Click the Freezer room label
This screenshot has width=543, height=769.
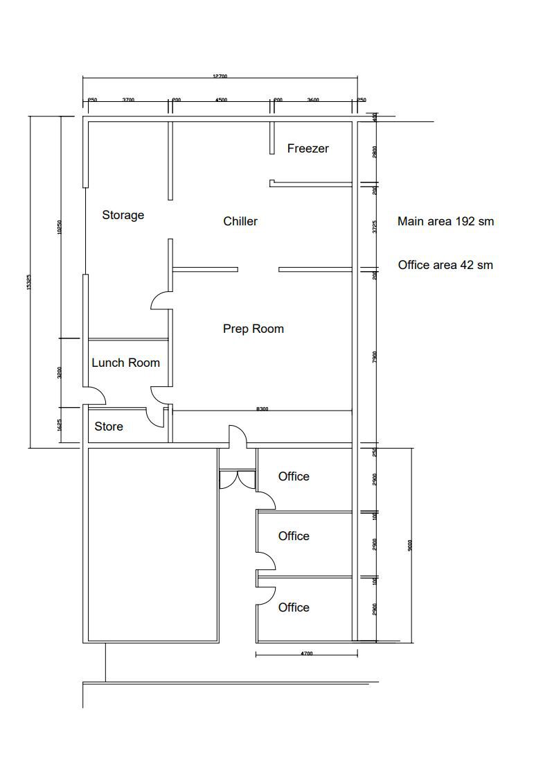click(308, 148)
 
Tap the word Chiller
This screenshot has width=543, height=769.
click(240, 221)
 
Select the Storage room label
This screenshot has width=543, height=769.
click(123, 215)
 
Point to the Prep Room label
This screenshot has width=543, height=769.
click(253, 329)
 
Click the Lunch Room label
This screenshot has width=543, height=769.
click(125, 363)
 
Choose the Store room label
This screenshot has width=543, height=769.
click(109, 426)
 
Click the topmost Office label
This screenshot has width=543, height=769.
click(294, 476)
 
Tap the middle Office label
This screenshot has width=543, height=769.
click(294, 536)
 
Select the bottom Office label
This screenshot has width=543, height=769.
click(294, 607)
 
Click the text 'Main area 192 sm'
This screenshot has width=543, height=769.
click(445, 222)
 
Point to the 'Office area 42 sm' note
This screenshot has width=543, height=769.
click(445, 265)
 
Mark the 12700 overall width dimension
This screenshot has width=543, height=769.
click(220, 76)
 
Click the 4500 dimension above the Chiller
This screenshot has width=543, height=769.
click(220, 101)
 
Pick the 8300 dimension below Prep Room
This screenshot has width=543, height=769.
click(262, 409)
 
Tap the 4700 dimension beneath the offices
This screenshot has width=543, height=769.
click(306, 653)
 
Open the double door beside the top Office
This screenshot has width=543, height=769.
click(237, 480)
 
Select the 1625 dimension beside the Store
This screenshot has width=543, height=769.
click(60, 424)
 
